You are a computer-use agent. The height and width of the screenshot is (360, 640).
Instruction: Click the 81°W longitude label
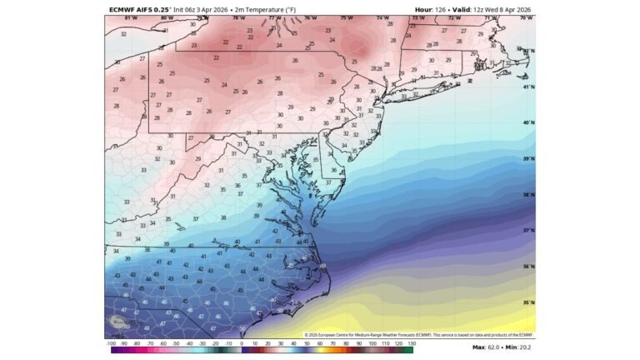pyautogui.click(x=131, y=17)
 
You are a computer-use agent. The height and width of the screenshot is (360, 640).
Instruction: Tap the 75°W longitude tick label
pyautogui.click(x=345, y=17)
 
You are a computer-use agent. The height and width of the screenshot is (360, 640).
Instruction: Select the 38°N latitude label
pyautogui.click(x=527, y=194)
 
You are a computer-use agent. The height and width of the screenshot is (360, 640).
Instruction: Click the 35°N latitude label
pyautogui.click(x=527, y=302)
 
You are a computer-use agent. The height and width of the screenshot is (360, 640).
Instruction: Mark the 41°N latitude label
pyautogui.click(x=527, y=87)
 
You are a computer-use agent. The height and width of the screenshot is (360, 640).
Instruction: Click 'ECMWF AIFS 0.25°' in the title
pyautogui.click(x=137, y=9)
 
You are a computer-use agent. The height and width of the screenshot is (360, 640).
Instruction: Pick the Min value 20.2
pyautogui.click(x=524, y=347)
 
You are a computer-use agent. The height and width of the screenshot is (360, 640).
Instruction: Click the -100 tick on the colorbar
pyautogui.click(x=111, y=343)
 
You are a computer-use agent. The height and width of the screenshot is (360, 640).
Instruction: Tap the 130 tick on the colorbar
pyautogui.click(x=411, y=343)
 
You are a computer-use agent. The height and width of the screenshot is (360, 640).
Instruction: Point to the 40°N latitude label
pyautogui.click(x=527, y=122)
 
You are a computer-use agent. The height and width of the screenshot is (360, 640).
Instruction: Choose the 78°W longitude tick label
pyautogui.click(x=238, y=17)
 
